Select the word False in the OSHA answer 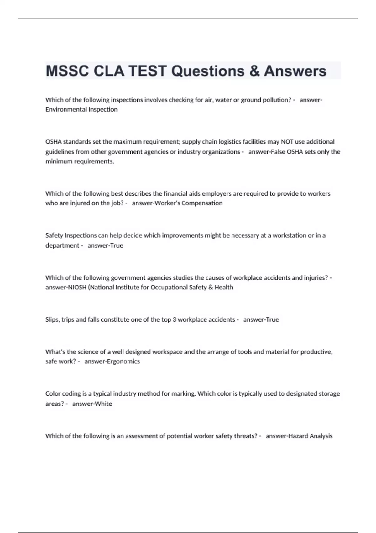coord(276,152)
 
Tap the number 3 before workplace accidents coord(174,319)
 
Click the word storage coord(329,394)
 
